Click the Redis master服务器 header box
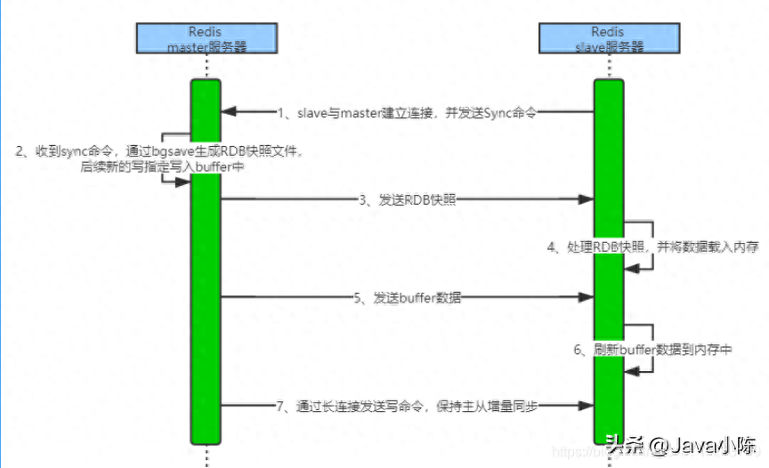pyautogui.click(x=206, y=39)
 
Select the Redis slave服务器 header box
pyautogui.click(x=608, y=39)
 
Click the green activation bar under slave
pyautogui.click(x=609, y=374)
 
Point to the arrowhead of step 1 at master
pyautogui.click(x=227, y=112)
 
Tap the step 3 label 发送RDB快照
pyautogui.click(x=408, y=200)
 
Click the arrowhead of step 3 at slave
pyautogui.click(x=588, y=200)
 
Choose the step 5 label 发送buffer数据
pyautogui.click(x=409, y=297)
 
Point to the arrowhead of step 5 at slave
pyautogui.click(x=588, y=297)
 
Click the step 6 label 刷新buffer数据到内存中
pyautogui.click(x=652, y=350)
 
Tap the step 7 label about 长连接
pyautogui.click(x=409, y=406)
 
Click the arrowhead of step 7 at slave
pyautogui.click(x=588, y=406)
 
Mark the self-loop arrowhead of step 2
pyautogui.click(x=183, y=182)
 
